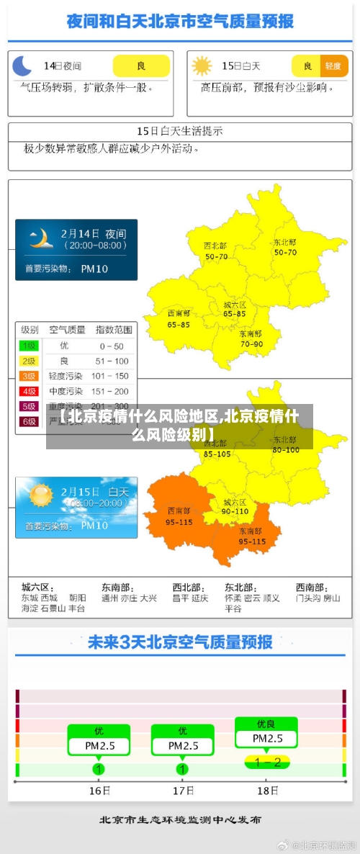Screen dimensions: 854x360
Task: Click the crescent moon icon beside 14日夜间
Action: click(22, 66)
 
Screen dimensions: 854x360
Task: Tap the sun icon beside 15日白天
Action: click(202, 66)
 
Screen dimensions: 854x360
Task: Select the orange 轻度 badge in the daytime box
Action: click(333, 66)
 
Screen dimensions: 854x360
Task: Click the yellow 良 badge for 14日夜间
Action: click(141, 66)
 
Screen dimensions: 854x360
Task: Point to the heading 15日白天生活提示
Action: click(180, 131)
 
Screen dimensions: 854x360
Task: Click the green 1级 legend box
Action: click(29, 346)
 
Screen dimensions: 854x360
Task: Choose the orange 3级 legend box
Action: click(29, 376)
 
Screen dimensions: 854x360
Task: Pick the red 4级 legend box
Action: click(29, 391)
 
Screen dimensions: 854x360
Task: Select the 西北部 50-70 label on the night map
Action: click(216, 251)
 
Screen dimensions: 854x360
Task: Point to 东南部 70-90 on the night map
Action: click(251, 338)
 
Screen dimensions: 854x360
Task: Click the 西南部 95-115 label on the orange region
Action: click(179, 516)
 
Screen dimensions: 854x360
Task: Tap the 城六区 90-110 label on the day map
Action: click(235, 506)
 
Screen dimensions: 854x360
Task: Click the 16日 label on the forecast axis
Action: click(99, 791)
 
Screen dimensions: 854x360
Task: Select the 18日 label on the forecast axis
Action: click(268, 791)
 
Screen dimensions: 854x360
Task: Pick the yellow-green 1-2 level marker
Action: click(267, 762)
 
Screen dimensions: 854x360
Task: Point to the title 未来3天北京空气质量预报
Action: click(180, 642)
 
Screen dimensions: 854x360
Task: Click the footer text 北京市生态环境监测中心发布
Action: click(180, 820)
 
